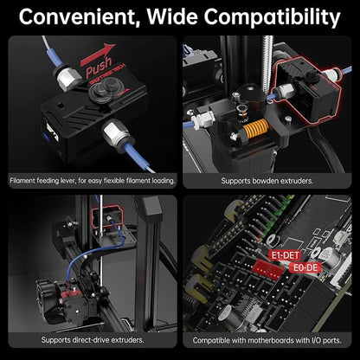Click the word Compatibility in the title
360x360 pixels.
[273, 18]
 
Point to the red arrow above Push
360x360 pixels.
[98, 54]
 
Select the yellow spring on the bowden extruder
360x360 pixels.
[255, 127]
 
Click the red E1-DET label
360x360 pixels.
[285, 255]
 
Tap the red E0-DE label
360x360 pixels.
[305, 267]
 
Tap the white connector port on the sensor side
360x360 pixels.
[50, 133]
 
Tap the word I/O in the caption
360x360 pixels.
[317, 340]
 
